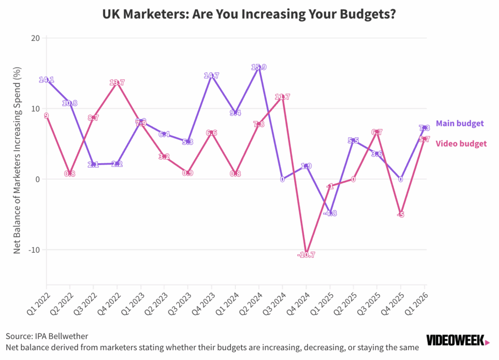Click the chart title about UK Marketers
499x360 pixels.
click(249, 15)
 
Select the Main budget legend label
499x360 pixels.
click(460, 123)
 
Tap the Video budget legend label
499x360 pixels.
click(461, 143)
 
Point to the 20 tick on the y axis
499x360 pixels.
click(35, 38)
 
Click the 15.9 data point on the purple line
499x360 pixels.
click(259, 67)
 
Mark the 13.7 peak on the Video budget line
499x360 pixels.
click(117, 83)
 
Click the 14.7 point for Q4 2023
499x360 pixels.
click(211, 76)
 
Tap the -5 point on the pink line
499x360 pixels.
click(401, 214)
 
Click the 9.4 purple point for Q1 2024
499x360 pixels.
click(235, 113)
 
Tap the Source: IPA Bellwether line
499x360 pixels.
click(47, 336)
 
